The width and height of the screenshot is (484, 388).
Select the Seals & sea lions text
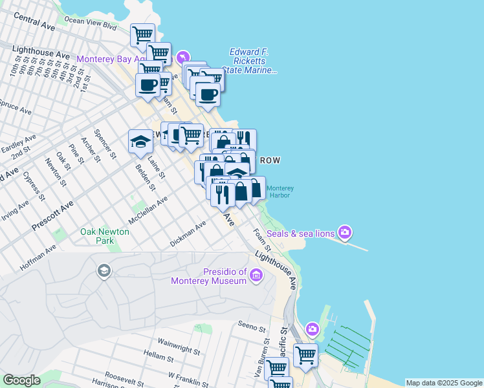pos(300,232)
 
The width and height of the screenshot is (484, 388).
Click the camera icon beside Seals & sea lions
pos(346,232)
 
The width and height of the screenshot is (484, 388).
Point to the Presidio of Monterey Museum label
pos(208,276)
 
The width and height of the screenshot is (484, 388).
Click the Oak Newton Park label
pos(97,236)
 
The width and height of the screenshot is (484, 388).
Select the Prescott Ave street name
pos(53,219)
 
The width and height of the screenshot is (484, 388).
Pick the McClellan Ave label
pos(148,210)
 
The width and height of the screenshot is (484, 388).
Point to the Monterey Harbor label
pos(280,191)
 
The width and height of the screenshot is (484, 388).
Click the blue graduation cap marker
pos(140,142)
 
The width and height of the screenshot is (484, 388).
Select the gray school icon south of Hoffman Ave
pos(103,270)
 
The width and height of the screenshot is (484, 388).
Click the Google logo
pos(21,380)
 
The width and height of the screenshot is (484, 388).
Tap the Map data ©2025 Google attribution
pos(444,383)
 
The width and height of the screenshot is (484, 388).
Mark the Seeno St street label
pos(252,326)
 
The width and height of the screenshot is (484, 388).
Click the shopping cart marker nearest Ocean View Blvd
pos(142,35)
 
